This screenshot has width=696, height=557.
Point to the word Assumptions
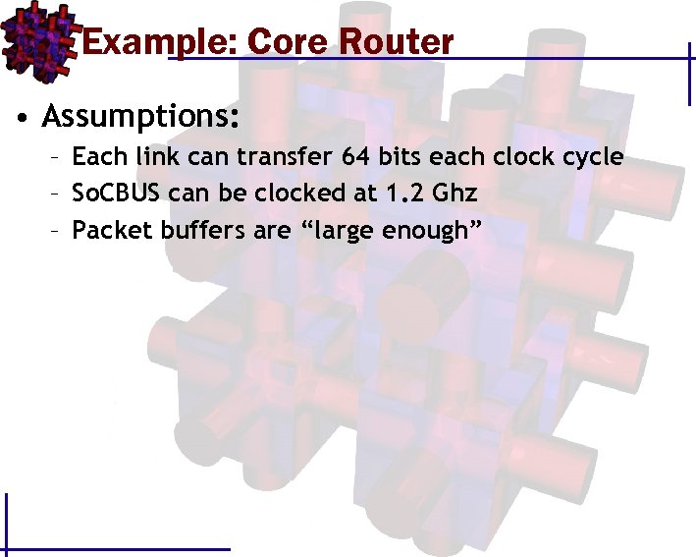click(140, 117)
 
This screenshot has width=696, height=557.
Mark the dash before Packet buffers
click(58, 231)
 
